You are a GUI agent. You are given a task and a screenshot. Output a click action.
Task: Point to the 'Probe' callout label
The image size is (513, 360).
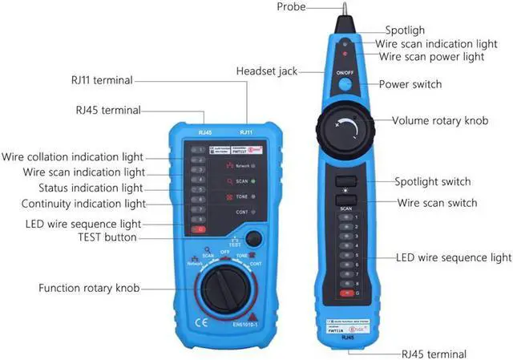[x=292, y=7]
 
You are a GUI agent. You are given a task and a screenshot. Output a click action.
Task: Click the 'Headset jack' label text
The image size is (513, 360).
[x=266, y=71]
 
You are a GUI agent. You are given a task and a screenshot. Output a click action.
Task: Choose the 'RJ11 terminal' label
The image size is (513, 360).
[x=101, y=80]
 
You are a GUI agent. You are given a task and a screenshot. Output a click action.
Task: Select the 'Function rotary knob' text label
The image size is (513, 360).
[x=89, y=288]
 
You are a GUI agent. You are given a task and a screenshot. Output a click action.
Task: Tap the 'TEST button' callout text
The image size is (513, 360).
[x=107, y=237]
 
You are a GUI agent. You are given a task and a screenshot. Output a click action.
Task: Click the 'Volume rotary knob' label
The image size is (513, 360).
[x=439, y=121]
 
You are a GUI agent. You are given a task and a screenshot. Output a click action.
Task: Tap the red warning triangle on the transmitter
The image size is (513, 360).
[x=252, y=315]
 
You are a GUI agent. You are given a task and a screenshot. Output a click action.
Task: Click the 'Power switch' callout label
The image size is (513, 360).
[x=410, y=84]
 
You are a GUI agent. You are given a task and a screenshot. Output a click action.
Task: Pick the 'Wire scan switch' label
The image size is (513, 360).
[x=437, y=203]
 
